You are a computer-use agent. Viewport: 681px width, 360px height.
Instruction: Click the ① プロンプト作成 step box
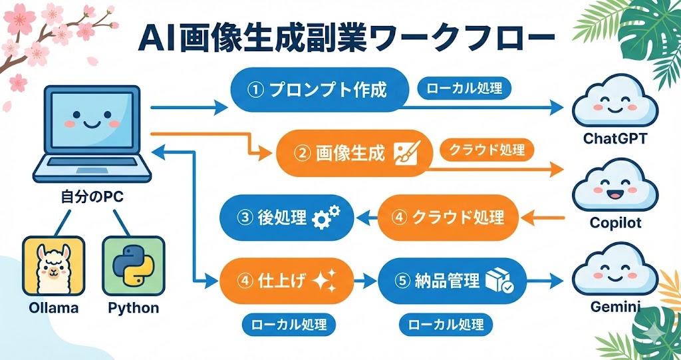(319, 90)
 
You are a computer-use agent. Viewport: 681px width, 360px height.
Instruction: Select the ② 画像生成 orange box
(352, 153)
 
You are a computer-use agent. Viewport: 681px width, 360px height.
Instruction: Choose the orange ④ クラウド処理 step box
(448, 217)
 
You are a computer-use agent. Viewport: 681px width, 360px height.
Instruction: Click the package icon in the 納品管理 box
(498, 281)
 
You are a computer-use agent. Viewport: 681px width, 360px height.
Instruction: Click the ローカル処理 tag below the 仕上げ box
(288, 325)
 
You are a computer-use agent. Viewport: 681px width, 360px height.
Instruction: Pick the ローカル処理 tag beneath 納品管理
(446, 325)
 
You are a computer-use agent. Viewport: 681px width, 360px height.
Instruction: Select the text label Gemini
(615, 307)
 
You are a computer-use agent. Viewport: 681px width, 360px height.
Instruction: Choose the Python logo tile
(133, 266)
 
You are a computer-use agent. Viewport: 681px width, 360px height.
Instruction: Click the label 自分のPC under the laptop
(90, 198)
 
